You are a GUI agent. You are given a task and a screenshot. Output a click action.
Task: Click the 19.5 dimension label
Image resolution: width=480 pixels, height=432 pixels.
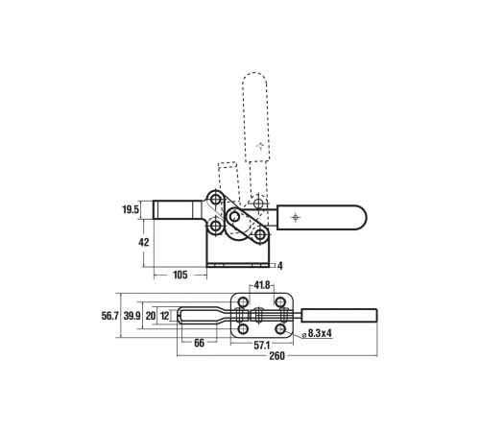coord(131,209)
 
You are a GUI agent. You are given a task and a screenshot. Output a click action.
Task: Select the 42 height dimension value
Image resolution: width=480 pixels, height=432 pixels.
coord(144,242)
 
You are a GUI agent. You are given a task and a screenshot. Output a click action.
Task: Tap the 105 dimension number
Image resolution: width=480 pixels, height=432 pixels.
coord(180,275)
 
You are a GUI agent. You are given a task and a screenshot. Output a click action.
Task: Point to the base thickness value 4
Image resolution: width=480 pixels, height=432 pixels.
coord(280,266)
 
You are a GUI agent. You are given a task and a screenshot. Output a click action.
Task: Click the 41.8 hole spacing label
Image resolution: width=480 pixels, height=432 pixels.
coord(262,285)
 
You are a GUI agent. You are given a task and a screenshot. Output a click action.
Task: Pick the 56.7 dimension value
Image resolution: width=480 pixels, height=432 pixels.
coord(110,316)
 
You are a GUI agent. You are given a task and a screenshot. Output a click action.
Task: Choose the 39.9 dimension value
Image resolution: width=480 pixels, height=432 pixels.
coord(132,316)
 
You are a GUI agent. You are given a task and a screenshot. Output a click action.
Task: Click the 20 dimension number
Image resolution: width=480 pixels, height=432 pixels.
coord(151,316)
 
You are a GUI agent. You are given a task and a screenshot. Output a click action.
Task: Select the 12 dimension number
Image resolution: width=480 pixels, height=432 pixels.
coord(164,316)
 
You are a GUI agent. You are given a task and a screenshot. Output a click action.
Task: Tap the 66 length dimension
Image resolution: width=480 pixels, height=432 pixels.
coord(199,343)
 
